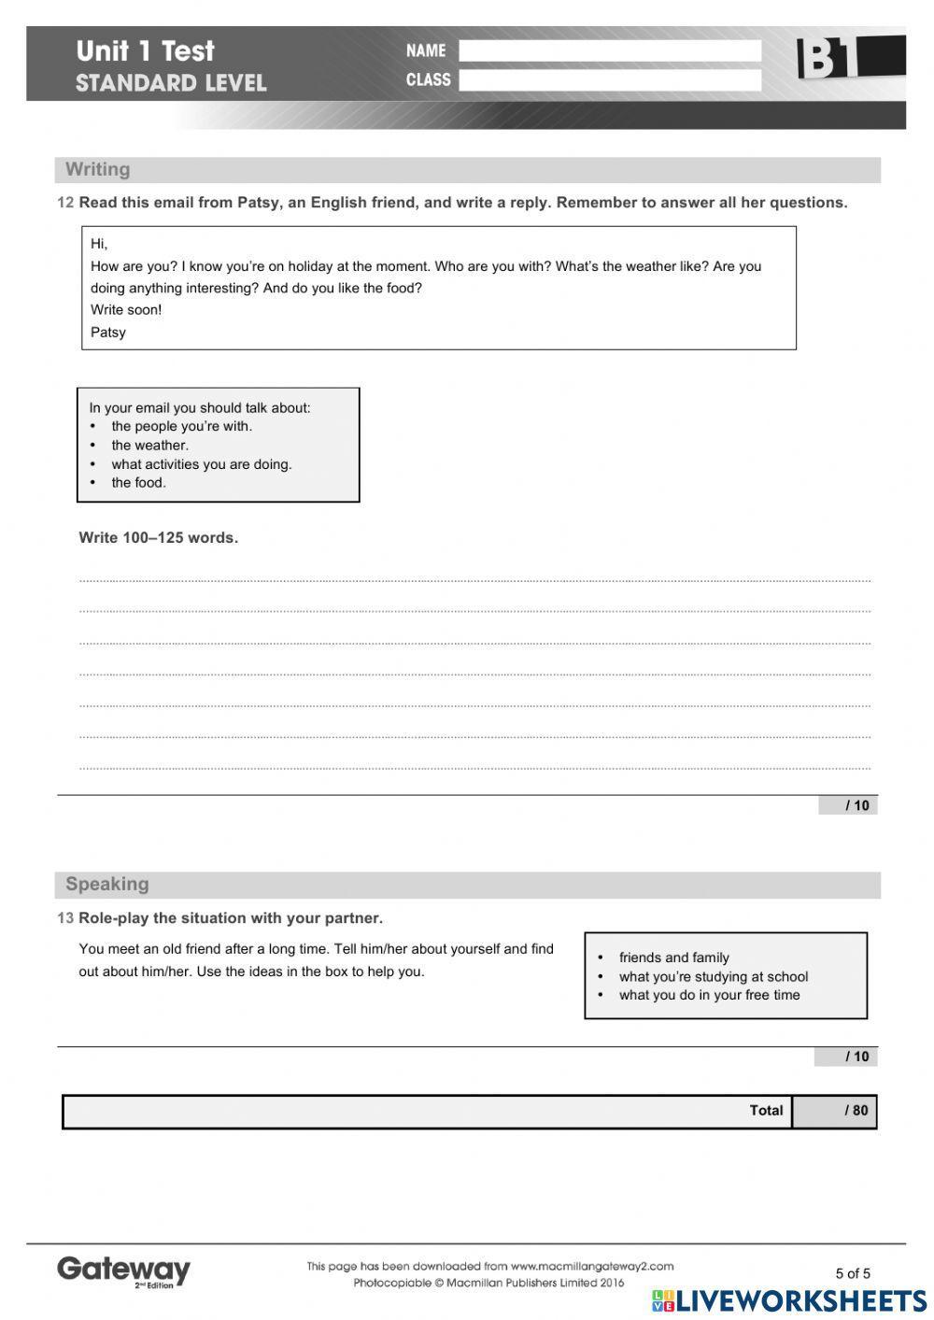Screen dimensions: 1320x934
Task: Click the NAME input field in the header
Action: coord(609,50)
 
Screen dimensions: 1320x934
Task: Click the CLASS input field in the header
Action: coord(609,80)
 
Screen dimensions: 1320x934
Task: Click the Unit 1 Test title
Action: coord(145,50)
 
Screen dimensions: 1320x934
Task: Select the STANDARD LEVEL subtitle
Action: coord(171,83)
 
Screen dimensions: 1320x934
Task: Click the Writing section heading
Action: coord(97,170)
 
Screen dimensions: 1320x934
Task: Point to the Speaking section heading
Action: coord(106,884)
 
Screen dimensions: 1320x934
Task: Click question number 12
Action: coord(65,203)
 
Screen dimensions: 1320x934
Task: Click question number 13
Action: coord(65,918)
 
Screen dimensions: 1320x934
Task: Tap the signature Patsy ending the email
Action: coord(108,333)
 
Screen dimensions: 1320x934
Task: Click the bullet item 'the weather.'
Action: coord(149,446)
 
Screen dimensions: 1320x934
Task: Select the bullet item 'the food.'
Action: coord(138,483)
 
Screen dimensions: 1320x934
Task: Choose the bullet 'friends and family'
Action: coord(673,958)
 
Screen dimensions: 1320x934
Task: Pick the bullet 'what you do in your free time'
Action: coord(709,995)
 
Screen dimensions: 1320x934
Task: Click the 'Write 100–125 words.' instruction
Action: coord(158,538)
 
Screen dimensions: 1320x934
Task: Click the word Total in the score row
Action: coord(766,1111)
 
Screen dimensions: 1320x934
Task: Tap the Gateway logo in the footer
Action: coord(123,1270)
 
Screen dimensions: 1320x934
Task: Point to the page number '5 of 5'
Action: coord(852,1273)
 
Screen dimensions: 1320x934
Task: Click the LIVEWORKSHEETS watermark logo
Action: coord(789,1301)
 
